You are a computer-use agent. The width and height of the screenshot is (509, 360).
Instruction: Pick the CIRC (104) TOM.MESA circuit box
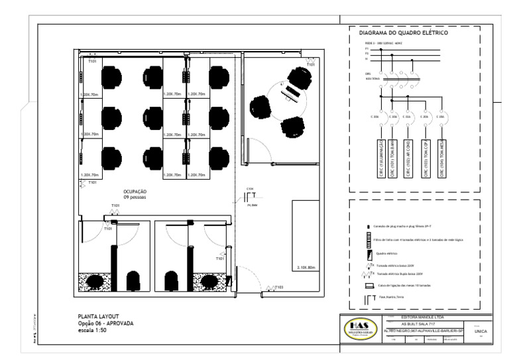pos(440,158)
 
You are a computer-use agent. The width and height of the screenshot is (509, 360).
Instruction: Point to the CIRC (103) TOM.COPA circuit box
pos(425,158)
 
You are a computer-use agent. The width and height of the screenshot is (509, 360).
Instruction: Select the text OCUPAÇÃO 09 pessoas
pos(135,194)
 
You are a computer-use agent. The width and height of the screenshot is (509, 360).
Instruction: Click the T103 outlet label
pos(280,288)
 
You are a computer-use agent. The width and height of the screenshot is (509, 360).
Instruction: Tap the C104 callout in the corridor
pos(250,189)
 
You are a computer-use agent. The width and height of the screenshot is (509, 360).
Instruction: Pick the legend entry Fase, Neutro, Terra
pos(391,299)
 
